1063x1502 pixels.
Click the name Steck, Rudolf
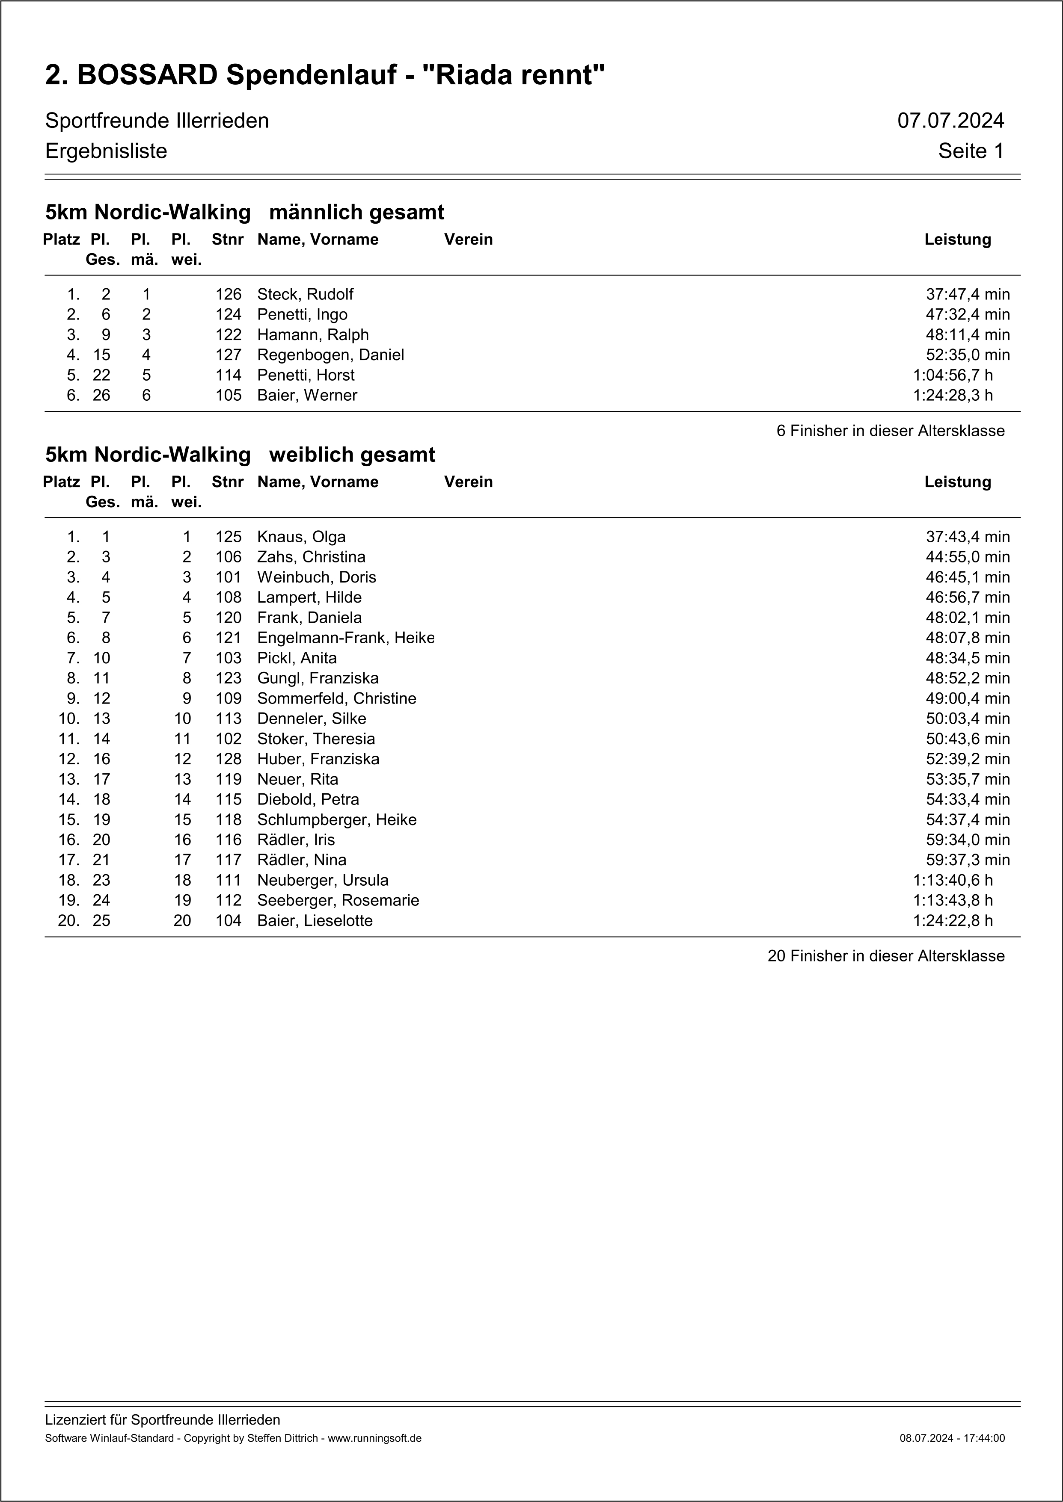305,294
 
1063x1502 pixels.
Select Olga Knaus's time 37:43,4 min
968,537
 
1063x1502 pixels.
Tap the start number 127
229,355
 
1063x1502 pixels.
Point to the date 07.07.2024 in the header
950,121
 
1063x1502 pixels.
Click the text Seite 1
971,151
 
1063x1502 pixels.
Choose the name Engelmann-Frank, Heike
346,638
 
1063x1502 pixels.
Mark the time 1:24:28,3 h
953,396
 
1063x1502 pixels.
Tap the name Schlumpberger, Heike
336,820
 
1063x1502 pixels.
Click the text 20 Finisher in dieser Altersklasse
885,956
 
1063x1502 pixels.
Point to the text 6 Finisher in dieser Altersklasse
890,431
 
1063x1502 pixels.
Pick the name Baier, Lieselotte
315,921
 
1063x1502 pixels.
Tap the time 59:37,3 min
968,860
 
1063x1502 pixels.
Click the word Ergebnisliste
106,151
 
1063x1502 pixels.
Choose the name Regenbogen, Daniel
330,355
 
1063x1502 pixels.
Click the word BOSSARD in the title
147,75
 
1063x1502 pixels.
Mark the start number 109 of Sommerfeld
229,699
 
